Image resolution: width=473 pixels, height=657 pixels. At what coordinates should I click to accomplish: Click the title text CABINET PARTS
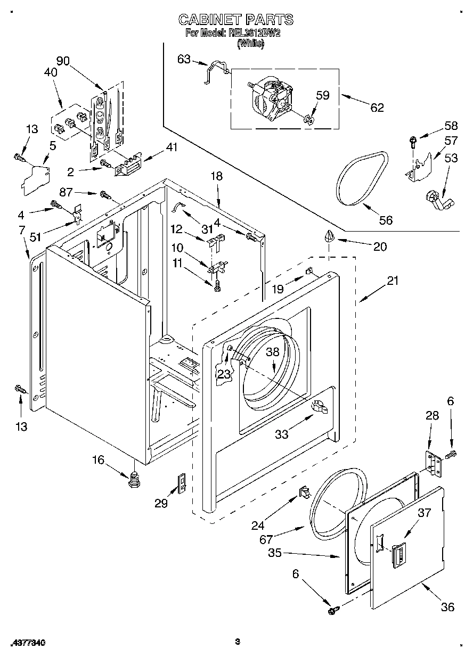coord(235,20)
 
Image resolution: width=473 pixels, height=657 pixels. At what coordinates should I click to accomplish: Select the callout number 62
coord(377,107)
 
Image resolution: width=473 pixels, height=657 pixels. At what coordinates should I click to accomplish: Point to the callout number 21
coord(392,281)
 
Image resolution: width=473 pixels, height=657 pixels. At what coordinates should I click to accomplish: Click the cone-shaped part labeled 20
coord(329,236)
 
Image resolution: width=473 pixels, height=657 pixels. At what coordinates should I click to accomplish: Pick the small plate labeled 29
coord(181,484)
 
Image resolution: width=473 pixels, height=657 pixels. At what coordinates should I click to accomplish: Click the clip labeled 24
coord(304,491)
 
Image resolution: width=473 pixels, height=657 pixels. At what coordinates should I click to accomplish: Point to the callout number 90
coord(63,61)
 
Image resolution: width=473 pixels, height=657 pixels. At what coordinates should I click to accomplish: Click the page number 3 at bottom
coord(238,642)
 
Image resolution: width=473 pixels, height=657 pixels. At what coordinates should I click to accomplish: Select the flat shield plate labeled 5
coord(35,176)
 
